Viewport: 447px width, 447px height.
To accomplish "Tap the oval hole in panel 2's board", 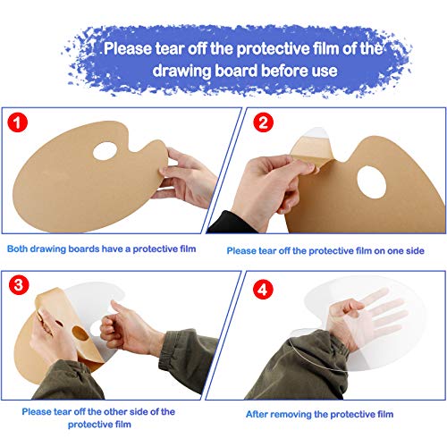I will coord(373,183).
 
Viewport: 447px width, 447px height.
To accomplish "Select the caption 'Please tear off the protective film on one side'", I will coord(329,250).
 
